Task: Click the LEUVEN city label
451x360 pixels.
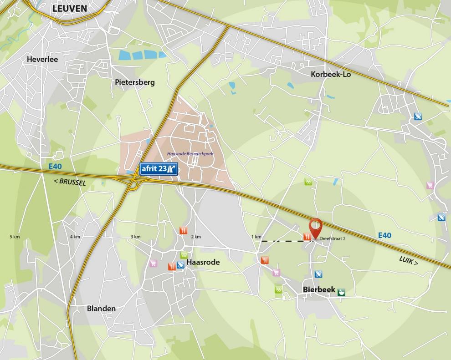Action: coord(70,8)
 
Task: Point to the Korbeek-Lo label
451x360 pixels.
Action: coord(330,74)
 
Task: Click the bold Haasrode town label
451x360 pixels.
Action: coord(203,263)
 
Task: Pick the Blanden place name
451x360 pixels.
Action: coord(101,308)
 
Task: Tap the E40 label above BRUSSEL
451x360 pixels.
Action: coord(55,167)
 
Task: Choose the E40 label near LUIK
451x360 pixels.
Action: coord(384,235)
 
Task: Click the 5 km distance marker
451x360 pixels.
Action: coord(15,237)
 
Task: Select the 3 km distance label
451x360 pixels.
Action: coord(135,237)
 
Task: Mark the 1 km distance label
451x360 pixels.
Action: coord(256,237)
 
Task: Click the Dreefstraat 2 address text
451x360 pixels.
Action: coord(333,238)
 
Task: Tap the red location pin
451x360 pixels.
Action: coord(315,227)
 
